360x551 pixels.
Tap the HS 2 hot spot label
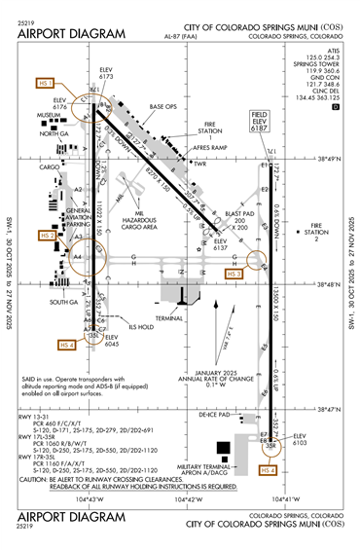click(x=46, y=236)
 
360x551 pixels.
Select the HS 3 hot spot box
click(x=234, y=275)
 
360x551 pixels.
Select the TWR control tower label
click(x=201, y=164)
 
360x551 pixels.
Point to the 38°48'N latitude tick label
click(x=334, y=284)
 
